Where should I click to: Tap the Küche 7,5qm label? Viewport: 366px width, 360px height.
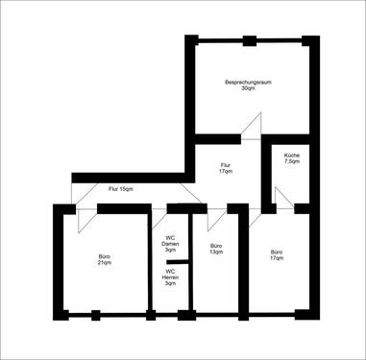click(292, 159)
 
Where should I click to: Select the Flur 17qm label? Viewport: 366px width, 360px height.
click(227, 168)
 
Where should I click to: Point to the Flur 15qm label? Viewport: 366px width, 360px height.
click(120, 190)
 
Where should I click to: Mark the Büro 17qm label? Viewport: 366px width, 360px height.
click(277, 255)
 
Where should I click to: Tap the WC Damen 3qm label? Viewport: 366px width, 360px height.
click(170, 244)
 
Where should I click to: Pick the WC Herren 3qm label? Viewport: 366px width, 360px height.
click(170, 277)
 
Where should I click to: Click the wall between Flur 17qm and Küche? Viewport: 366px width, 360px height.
click(264, 173)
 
